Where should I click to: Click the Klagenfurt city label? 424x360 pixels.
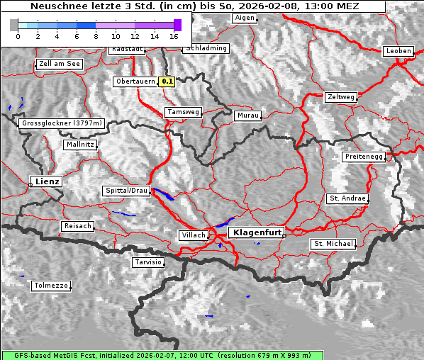pyautogui.click(x=258, y=232)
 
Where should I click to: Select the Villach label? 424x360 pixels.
pyautogui.click(x=193, y=235)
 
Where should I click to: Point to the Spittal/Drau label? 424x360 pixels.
pyautogui.click(x=127, y=191)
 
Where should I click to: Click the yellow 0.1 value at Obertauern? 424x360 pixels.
pyautogui.click(x=167, y=81)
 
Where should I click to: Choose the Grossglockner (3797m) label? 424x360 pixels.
pyautogui.click(x=62, y=123)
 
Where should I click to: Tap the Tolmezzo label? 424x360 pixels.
pyautogui.click(x=50, y=286)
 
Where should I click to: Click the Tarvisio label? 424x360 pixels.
pyautogui.click(x=148, y=262)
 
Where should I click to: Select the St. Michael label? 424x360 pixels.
pyautogui.click(x=333, y=244)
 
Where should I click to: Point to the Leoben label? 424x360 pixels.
pyautogui.click(x=398, y=51)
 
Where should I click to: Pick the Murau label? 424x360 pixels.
pyautogui.click(x=248, y=115)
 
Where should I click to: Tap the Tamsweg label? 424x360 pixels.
pyautogui.click(x=184, y=112)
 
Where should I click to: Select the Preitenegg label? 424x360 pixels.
pyautogui.click(x=364, y=156)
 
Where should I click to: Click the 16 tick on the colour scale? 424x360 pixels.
pyautogui.click(x=174, y=35)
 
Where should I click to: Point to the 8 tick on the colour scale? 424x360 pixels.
pyautogui.click(x=96, y=35)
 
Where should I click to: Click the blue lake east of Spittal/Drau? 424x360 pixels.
pyautogui.click(x=162, y=193)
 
